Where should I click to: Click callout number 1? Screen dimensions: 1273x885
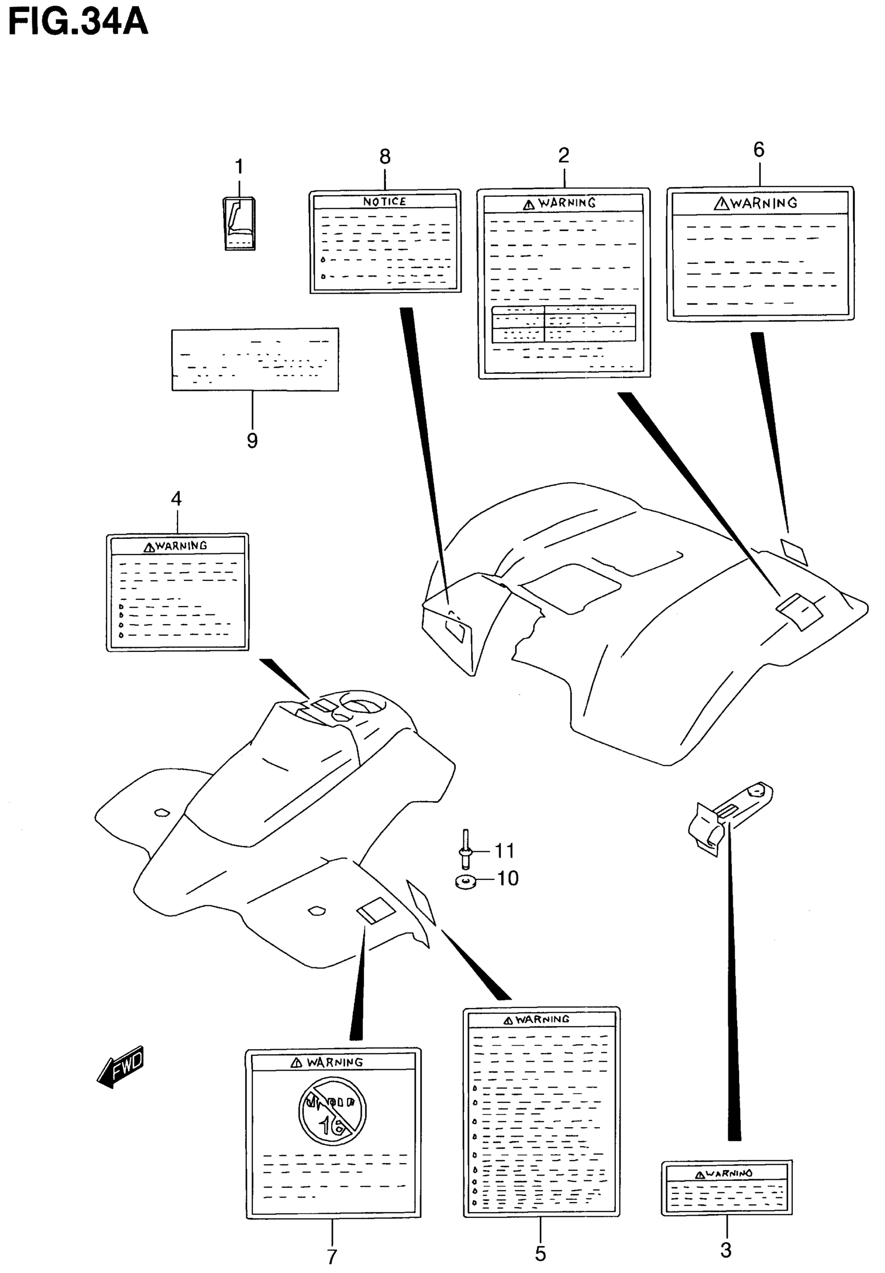(x=239, y=166)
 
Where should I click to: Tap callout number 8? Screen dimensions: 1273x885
(x=385, y=157)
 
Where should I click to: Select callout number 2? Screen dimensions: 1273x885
(x=563, y=155)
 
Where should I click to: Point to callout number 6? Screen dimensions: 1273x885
(x=758, y=150)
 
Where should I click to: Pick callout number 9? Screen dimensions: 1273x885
(x=252, y=441)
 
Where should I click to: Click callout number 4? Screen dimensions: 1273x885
(x=176, y=499)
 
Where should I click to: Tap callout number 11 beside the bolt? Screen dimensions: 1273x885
(x=504, y=851)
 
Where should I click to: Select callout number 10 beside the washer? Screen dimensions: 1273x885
(x=507, y=878)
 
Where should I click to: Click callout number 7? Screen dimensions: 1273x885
(x=332, y=1256)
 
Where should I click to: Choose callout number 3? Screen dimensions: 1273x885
(x=725, y=1250)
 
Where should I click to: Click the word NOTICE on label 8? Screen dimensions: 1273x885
(x=384, y=202)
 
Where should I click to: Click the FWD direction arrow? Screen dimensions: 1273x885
(x=121, y=1067)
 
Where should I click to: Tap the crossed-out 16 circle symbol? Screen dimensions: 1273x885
(x=332, y=1111)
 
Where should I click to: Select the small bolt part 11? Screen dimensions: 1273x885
(x=465, y=848)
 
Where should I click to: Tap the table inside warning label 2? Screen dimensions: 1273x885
(x=563, y=323)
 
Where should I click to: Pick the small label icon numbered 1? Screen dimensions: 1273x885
(x=239, y=223)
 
